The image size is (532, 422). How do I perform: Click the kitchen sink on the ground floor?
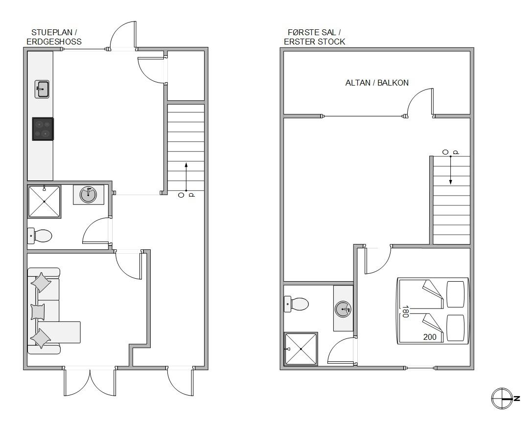coord(42,89)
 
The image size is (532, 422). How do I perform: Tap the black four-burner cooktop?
coord(43,129)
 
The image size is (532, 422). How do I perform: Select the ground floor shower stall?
coord(45,201)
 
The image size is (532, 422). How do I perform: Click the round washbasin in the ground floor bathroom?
coord(88,195)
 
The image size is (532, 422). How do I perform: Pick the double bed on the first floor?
coord(433,311)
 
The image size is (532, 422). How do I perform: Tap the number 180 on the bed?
coord(405,311)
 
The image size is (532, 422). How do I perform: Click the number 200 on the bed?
coord(430,337)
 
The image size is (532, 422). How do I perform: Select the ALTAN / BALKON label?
coord(377,83)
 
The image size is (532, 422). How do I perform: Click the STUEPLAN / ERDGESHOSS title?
coord(54,37)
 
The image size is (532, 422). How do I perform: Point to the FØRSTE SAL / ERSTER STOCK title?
coord(315,37)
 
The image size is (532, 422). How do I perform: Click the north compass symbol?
coord(504,398)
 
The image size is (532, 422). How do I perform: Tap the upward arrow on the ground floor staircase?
coord(186,177)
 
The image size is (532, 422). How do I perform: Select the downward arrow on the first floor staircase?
coord(451,171)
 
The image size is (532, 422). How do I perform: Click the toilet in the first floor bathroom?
coord(296,304)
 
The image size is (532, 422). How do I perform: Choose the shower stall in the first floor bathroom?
coord(301,349)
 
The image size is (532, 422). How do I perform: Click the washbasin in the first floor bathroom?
coord(344,309)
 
